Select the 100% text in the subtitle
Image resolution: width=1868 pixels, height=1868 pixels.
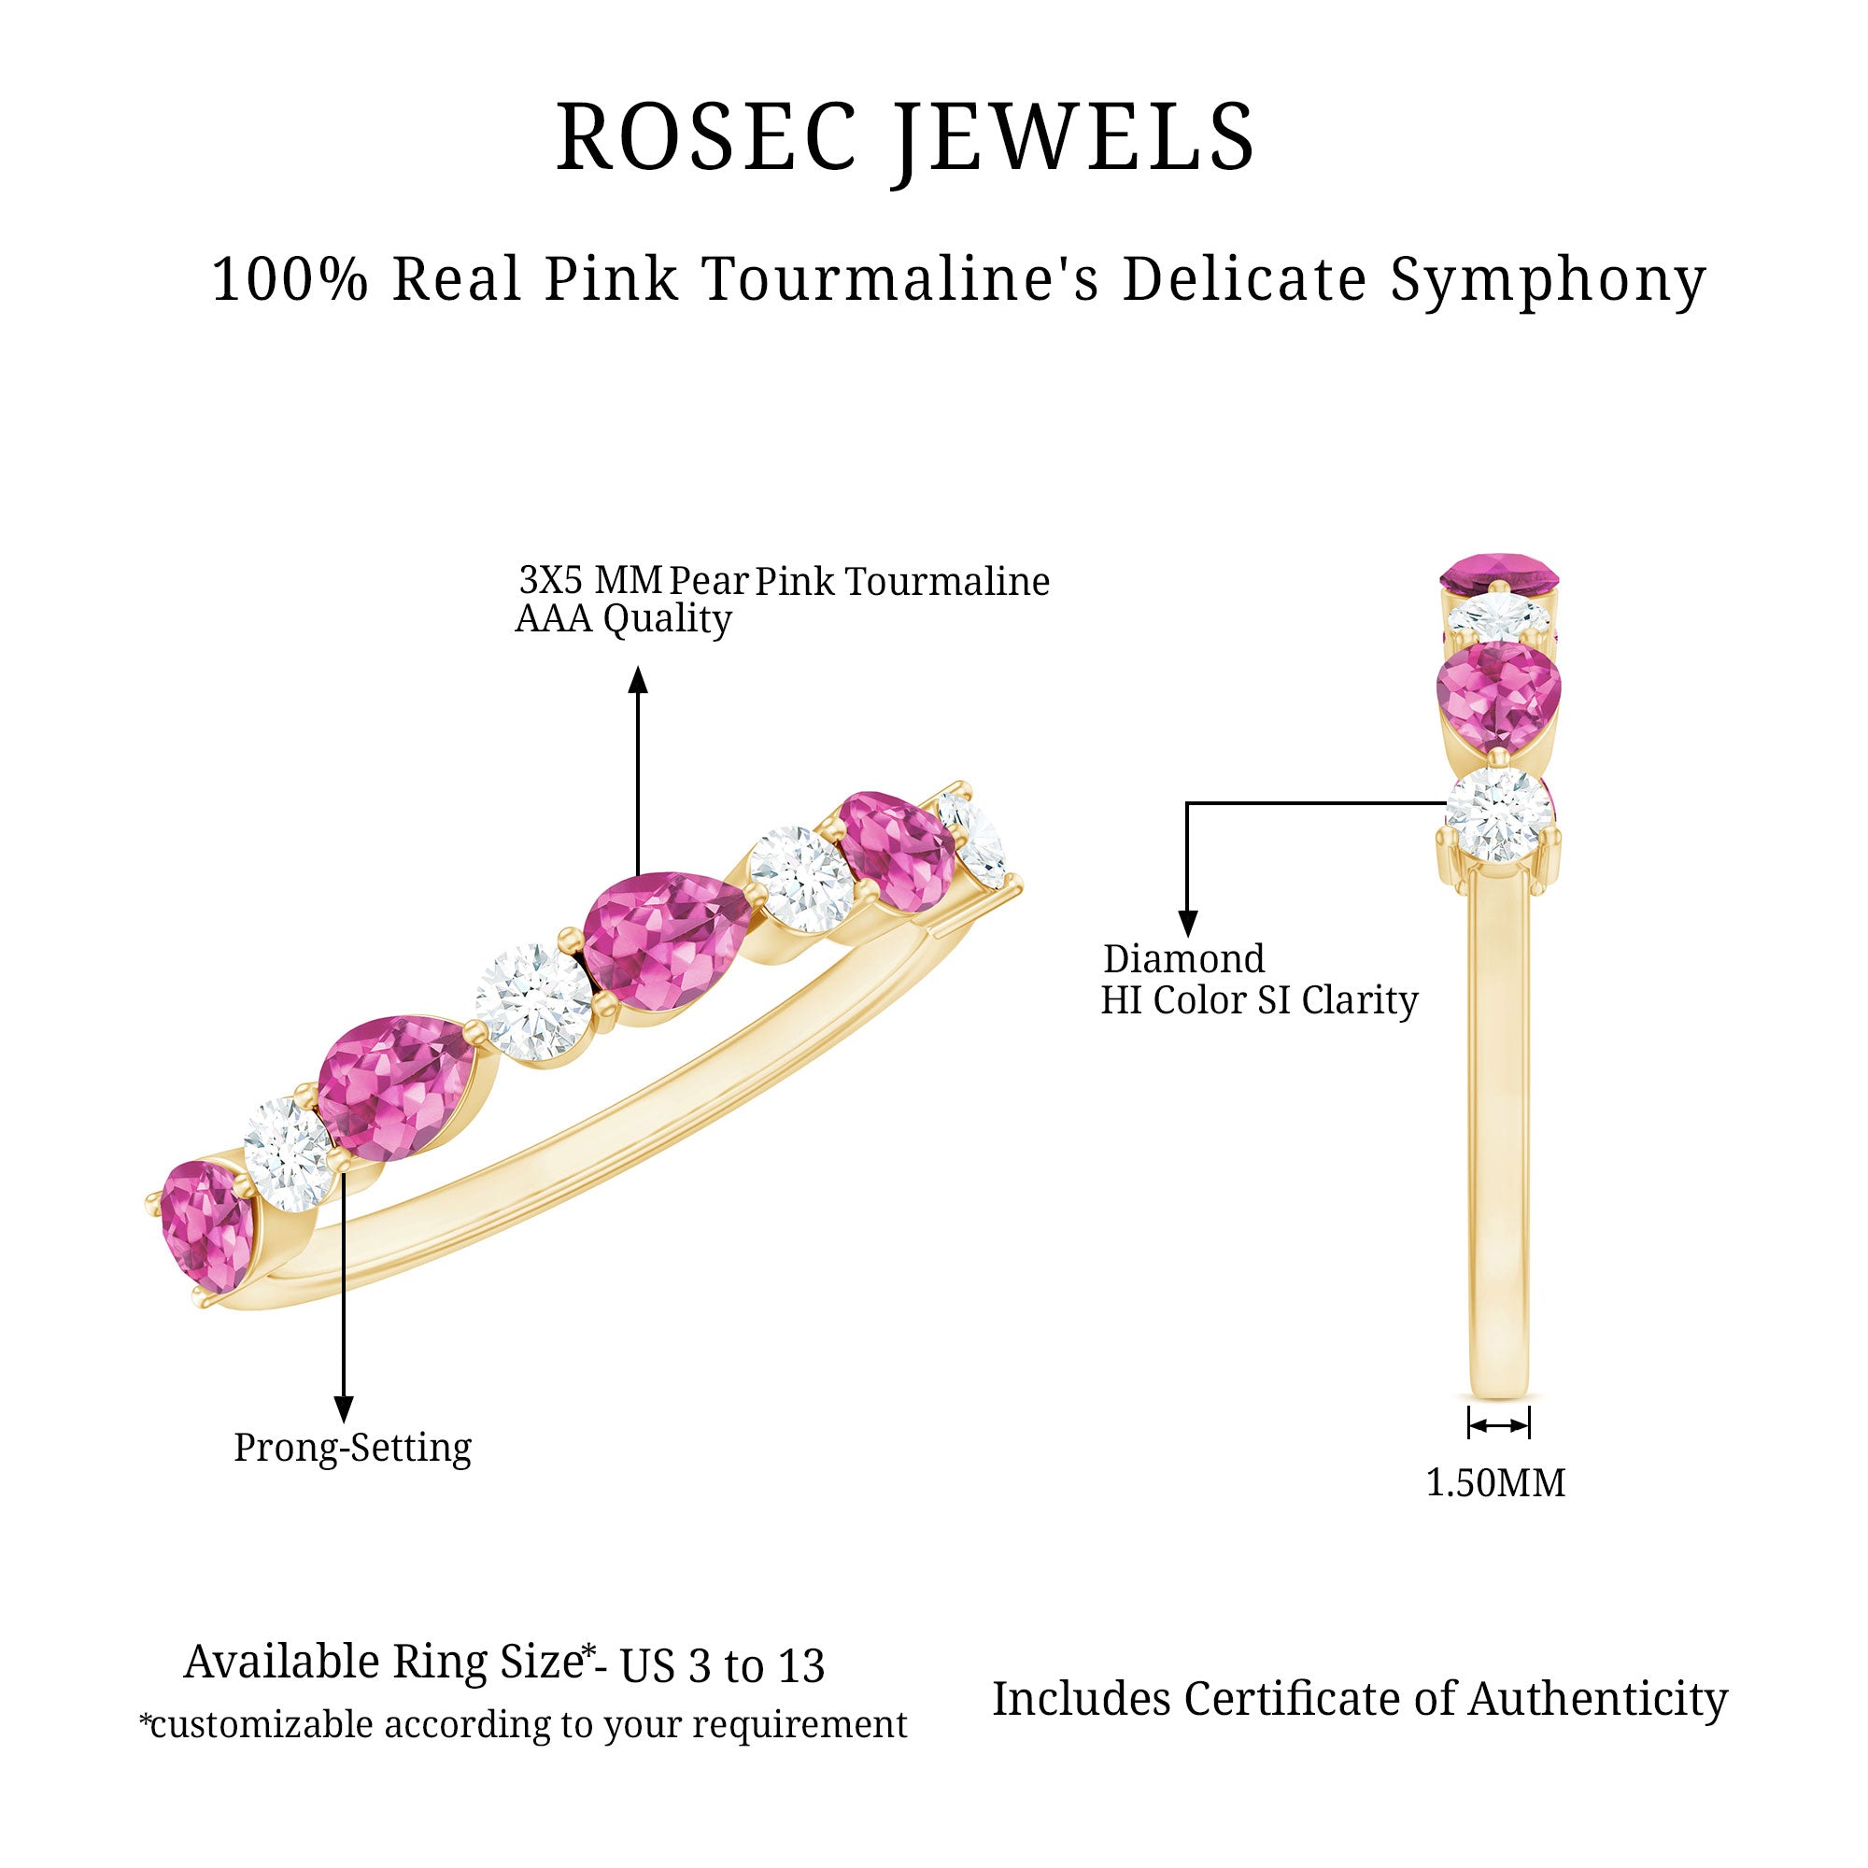click(290, 279)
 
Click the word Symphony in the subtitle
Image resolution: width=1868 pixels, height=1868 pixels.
click(1549, 282)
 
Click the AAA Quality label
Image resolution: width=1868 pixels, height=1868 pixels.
click(623, 620)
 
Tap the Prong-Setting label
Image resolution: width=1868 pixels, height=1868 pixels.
click(353, 1449)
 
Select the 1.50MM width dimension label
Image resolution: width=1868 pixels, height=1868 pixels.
click(1495, 1482)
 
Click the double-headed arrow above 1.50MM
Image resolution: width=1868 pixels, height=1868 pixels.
click(1499, 1424)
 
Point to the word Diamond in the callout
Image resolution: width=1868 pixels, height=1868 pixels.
click(1183, 959)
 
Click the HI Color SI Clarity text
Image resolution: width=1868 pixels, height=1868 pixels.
click(1259, 1000)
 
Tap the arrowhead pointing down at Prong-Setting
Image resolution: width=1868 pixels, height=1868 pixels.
click(343, 1408)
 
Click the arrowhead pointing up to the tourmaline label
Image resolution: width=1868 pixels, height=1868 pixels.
click(637, 681)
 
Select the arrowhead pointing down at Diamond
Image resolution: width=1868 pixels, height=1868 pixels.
click(1188, 924)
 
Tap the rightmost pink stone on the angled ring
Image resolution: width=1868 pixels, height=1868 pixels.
click(897, 851)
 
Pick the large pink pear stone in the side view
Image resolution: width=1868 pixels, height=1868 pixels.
click(1499, 697)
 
